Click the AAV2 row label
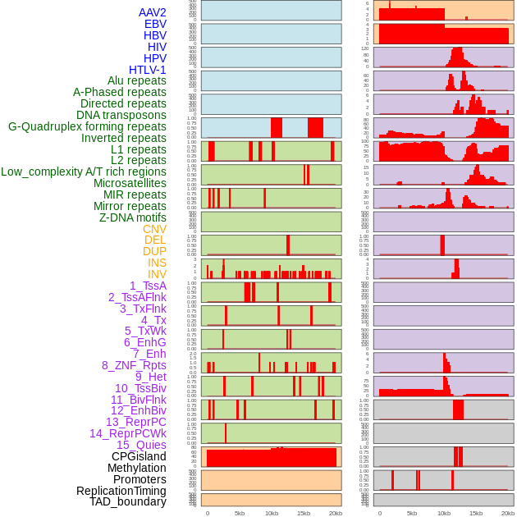(152, 12)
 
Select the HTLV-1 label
(147, 70)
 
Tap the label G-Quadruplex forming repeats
(87, 126)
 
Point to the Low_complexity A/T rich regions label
(84, 172)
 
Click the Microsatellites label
(130, 183)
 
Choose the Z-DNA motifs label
(132, 217)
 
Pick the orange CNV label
(154, 229)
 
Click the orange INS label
(157, 263)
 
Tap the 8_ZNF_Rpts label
(134, 365)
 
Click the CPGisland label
(139, 456)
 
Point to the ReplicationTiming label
(121, 491)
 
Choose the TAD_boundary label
(127, 501)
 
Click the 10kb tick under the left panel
(271, 513)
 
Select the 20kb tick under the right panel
(508, 513)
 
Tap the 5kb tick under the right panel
(411, 513)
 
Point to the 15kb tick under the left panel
(303, 513)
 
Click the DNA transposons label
(121, 115)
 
